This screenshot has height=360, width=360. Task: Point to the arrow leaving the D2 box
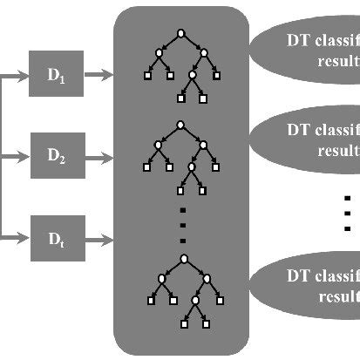(98, 156)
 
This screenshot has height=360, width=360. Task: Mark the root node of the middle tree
(180, 125)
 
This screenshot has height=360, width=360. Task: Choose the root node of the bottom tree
(184, 258)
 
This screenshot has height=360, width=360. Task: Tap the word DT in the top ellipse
(299, 40)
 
